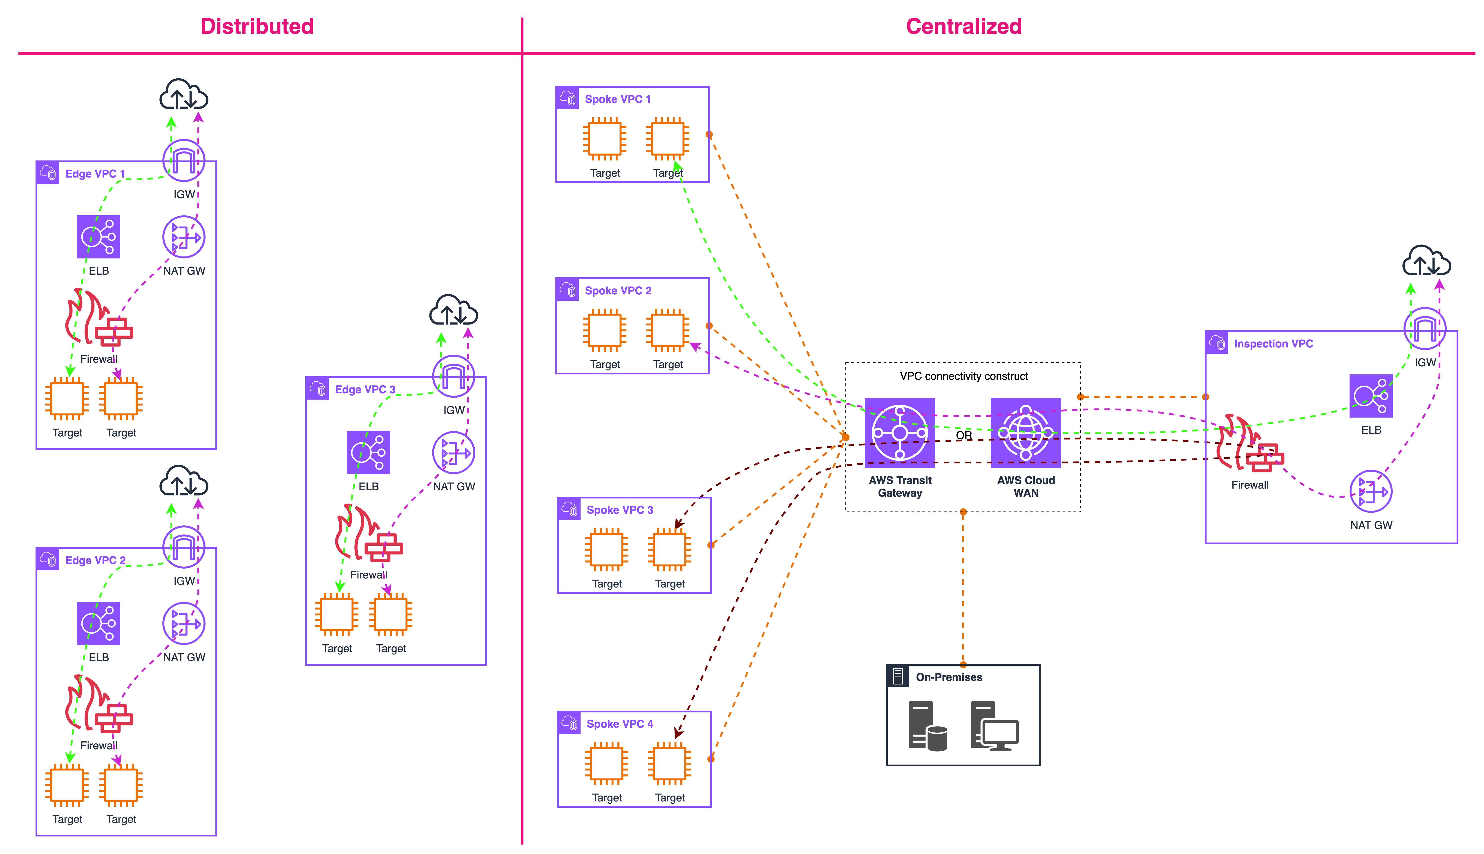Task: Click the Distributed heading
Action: coord(257,26)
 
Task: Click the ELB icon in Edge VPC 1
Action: coord(98,237)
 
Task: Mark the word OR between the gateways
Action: coord(963,435)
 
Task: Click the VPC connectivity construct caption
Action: coord(963,376)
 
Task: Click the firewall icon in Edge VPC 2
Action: coord(98,704)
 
